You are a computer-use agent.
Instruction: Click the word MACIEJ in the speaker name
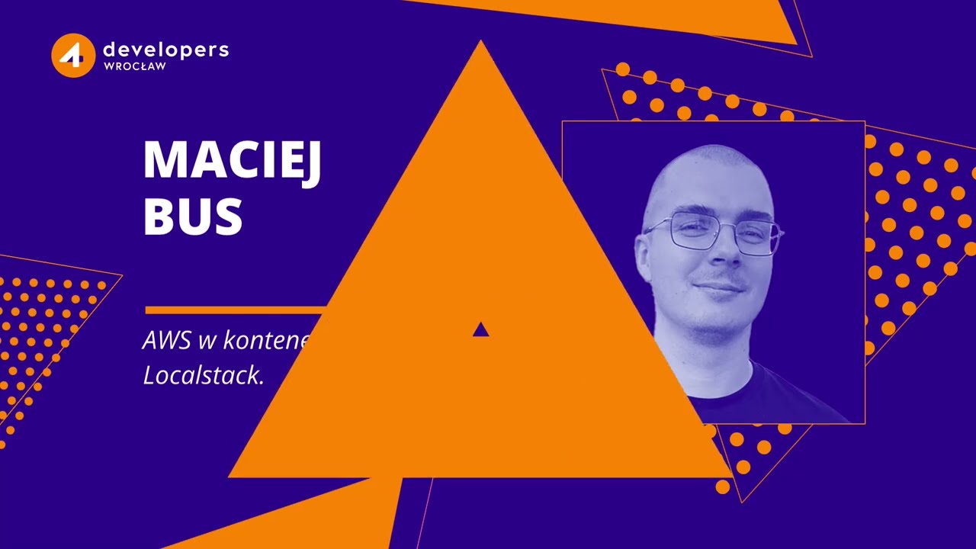(x=232, y=161)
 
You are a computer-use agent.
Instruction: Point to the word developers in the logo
(x=165, y=50)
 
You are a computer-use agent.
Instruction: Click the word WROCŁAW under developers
(x=134, y=66)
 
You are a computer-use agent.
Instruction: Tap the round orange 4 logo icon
(x=73, y=55)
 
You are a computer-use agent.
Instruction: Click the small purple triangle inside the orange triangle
(x=480, y=329)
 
